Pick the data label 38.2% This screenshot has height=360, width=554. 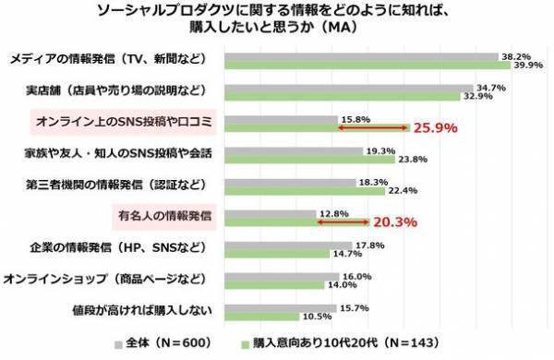click(x=512, y=56)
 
